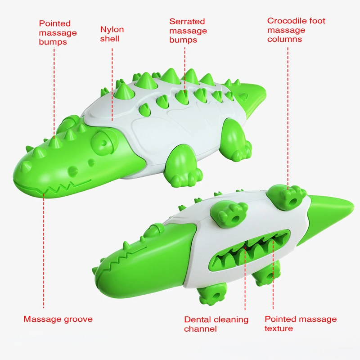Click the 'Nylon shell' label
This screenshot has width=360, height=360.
112,34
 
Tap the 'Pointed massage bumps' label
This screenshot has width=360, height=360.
58,32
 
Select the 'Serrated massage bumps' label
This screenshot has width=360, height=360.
188,31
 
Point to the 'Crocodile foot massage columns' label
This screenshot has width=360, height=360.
296,30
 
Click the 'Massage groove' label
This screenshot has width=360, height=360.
58,319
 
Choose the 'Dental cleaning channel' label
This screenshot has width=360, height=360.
216,324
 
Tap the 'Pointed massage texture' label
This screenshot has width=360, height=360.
300,324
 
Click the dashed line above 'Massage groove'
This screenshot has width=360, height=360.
43,252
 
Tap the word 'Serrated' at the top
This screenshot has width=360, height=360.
187,21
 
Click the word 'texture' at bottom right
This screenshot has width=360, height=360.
279,328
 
